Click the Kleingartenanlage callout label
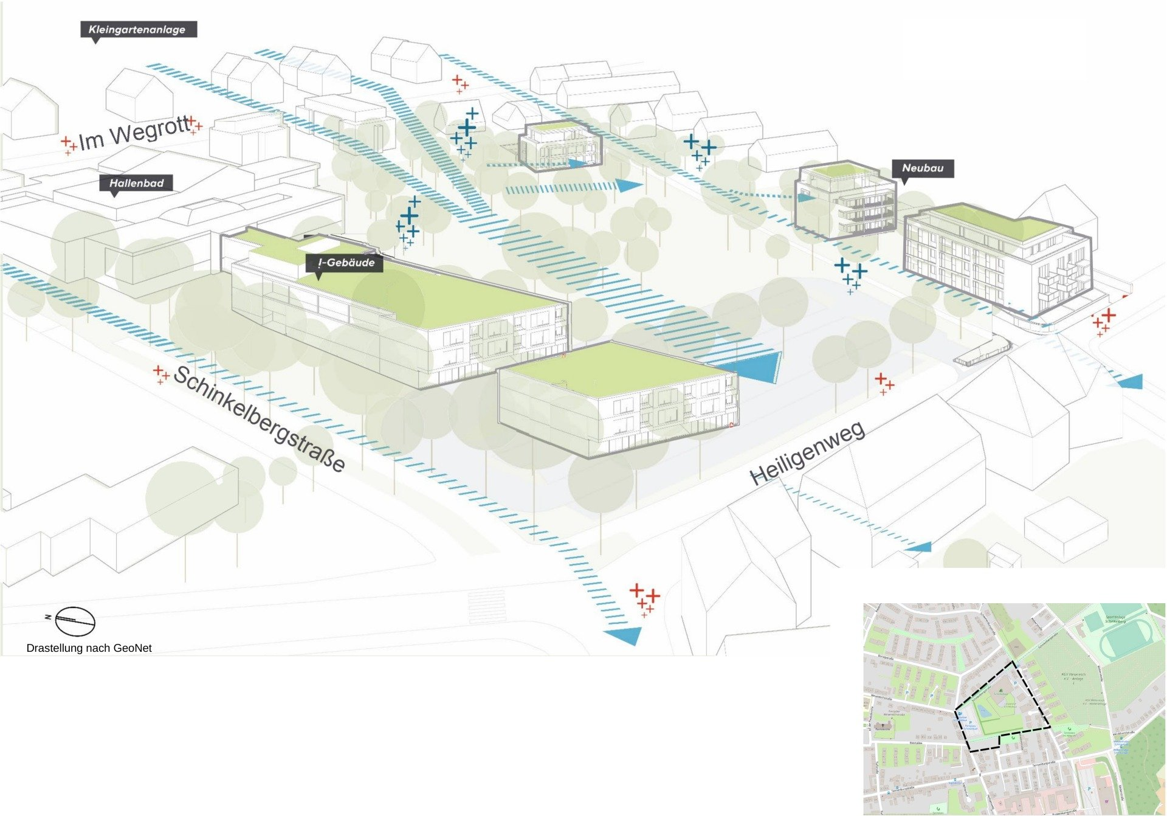138,29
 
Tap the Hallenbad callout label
136,183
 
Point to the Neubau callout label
922,168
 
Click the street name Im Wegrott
134,134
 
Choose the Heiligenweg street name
808,453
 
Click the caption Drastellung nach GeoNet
89,648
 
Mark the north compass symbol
75,621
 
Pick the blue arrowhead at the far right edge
1131,382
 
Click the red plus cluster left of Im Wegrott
69,144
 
